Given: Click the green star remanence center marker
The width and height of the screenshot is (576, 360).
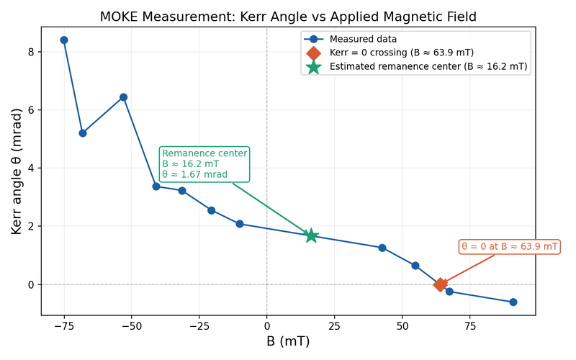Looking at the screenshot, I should pos(311,235).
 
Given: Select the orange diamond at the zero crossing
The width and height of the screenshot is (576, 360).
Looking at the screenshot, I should pos(440,284).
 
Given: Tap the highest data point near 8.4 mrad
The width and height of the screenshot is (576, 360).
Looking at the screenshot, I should pos(64,40).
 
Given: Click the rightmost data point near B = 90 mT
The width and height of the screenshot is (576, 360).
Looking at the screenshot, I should pos(513,302).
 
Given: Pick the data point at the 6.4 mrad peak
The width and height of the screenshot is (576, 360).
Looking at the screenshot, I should pos(124,97).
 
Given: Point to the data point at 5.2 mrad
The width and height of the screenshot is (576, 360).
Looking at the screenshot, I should pos(83,133).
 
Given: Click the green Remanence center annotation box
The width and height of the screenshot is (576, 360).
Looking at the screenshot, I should pos(204,164).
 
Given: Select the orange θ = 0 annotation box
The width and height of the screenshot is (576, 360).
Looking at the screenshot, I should pos(509,247).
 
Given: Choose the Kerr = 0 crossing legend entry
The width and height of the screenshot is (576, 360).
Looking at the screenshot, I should pos(401,53).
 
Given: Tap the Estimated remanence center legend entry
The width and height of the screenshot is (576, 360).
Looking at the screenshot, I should pos(428,66).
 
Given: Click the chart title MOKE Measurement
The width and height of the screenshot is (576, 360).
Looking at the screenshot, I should pos(288,17).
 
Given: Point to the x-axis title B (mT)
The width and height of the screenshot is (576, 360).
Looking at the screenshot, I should pos(288,341).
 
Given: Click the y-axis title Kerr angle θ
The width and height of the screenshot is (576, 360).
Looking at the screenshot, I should pos(17,171).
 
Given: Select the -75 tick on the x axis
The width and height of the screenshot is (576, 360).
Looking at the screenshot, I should pos(64,325).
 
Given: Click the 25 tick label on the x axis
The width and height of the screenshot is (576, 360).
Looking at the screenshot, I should pos(335,325).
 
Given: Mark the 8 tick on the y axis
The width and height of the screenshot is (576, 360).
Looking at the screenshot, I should pos(32,52).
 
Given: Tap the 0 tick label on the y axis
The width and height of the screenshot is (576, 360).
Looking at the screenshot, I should pos(32,284).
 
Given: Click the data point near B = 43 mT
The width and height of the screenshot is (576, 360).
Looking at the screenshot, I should pos(382,248).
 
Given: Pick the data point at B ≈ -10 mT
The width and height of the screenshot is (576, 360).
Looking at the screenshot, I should pos(240,224).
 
